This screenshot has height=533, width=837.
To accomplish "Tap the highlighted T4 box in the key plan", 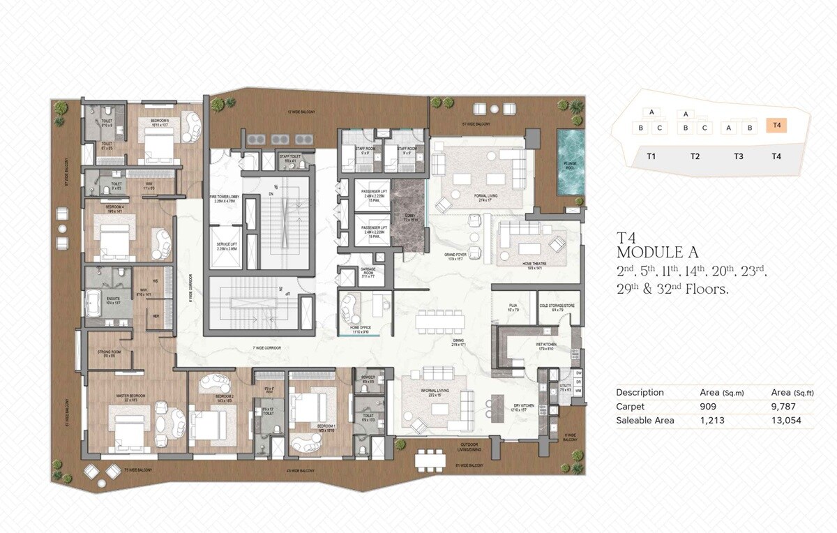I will point(776,126).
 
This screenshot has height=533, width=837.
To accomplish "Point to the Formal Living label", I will point(485,197).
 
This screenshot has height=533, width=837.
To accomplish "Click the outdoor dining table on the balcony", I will point(430,460).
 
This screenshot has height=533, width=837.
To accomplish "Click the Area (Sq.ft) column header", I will point(792,392).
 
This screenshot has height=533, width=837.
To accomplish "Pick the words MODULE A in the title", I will point(657,253).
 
